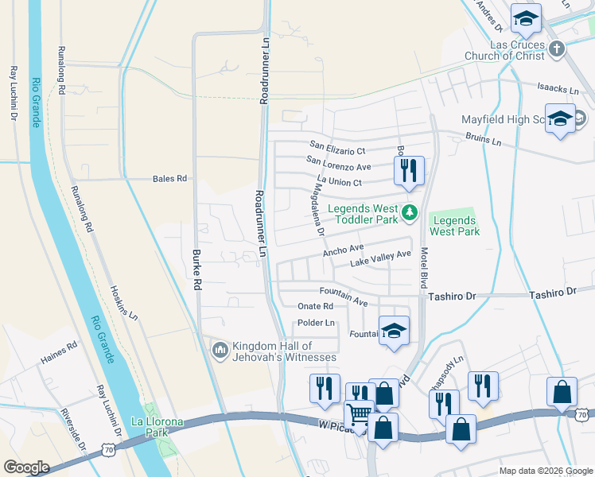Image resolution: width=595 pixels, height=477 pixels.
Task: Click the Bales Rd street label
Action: (169, 179)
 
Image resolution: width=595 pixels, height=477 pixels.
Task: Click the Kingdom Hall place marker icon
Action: (220, 348)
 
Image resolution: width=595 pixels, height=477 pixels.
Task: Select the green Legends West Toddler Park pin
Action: (410, 211)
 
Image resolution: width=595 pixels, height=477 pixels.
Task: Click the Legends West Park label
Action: (454, 226)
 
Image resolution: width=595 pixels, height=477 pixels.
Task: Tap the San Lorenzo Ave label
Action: (340, 167)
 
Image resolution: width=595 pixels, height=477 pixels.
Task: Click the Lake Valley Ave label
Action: (380, 260)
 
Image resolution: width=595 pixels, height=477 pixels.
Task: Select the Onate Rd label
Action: (314, 306)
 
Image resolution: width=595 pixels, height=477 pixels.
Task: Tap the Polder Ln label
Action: (316, 323)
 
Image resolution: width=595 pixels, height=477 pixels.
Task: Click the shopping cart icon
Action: (359, 414)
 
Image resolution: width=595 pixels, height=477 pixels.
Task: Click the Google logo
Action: (27, 467)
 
